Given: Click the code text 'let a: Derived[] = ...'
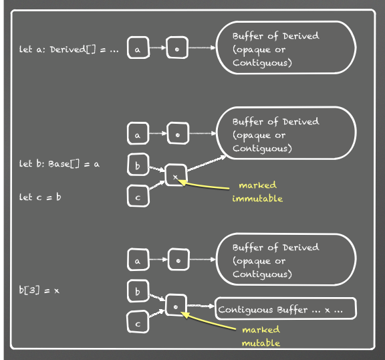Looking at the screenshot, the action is [69, 50].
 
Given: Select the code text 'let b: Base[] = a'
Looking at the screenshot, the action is [59, 164].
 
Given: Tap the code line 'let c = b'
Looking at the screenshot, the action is [40, 197].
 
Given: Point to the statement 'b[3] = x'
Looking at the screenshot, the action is [39, 290].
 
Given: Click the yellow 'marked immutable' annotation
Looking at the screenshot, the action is [257, 191].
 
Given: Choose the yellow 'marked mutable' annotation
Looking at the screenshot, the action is [261, 336].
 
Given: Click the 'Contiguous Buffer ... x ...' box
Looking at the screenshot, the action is [285, 308].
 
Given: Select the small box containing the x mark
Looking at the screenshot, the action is [176, 175].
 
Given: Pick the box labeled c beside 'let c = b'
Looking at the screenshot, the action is [138, 196].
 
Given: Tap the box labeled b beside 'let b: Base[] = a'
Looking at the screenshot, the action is [138, 165].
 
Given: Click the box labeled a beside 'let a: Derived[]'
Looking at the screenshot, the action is [138, 48].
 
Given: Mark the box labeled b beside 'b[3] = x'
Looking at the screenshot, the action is [138, 290].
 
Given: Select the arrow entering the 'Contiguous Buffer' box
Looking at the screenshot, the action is [201, 306].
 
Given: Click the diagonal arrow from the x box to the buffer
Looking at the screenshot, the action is [207, 163].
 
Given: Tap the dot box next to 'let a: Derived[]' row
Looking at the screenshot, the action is [177, 48].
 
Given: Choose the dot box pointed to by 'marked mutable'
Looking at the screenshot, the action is [176, 305].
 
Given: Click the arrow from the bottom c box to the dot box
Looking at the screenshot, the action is [156, 314].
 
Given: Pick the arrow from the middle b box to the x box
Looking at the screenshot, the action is [157, 169].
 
